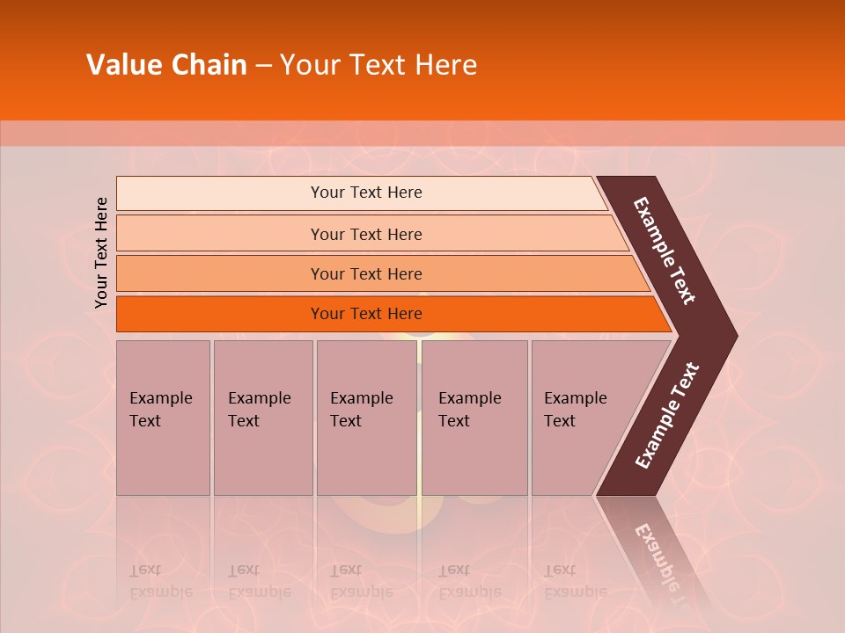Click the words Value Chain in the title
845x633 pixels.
coord(166,65)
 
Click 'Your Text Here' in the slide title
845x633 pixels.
coord(378,65)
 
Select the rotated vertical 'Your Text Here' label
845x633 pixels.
coord(102,253)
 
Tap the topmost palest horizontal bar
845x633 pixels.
coord(366,193)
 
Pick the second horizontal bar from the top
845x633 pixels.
coord(366,234)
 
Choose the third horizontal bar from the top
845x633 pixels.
coord(366,273)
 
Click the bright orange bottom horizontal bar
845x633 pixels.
coord(366,314)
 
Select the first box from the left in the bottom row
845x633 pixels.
coord(163,417)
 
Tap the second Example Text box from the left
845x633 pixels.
coord(262,417)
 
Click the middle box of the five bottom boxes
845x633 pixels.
coord(366,417)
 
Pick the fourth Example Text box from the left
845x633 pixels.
coord(474,417)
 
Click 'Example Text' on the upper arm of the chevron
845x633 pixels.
coord(665,251)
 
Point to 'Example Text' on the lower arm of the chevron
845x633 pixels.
coord(667,416)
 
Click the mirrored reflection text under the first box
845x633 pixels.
coord(160,581)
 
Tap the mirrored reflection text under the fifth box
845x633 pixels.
coord(575,581)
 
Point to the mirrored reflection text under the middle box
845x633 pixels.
coord(361,581)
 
